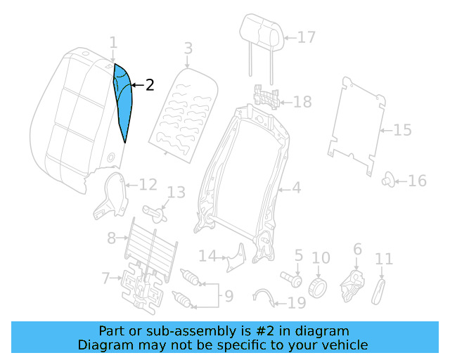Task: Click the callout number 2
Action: (149, 85)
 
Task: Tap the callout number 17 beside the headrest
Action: (307, 37)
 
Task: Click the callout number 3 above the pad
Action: (188, 49)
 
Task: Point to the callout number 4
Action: (296, 188)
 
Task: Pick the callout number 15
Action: (402, 130)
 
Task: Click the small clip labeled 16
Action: (387, 180)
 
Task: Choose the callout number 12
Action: (148, 185)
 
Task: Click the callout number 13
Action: (176, 193)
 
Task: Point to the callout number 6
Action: (356, 249)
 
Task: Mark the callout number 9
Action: (228, 297)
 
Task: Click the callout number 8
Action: (112, 238)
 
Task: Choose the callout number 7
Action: (105, 278)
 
